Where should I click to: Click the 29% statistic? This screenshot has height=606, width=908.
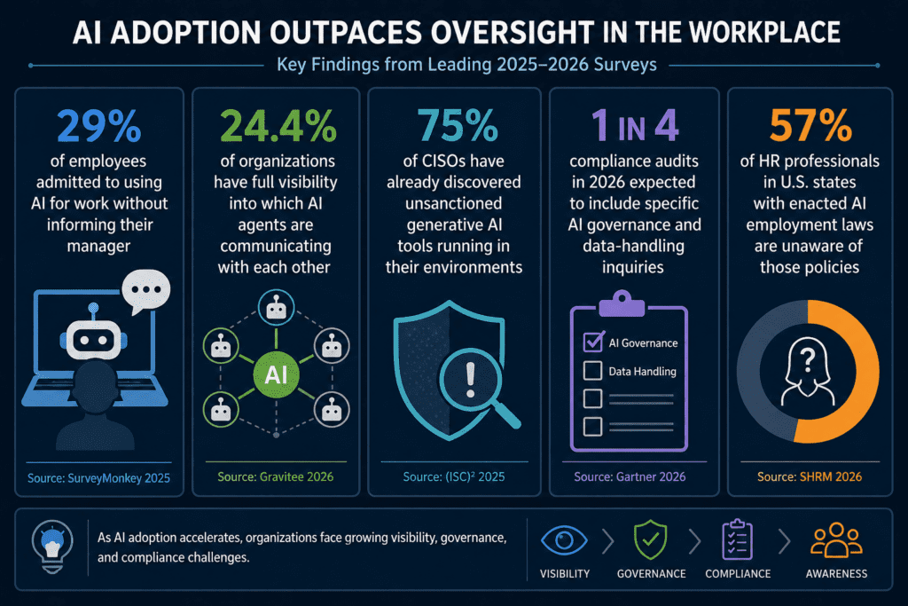[x=99, y=126]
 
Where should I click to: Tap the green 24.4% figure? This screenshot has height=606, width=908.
[x=278, y=126]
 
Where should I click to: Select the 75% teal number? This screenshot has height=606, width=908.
[x=458, y=126]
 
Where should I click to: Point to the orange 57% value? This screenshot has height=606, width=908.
[x=810, y=126]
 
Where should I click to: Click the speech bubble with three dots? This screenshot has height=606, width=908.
[x=146, y=291]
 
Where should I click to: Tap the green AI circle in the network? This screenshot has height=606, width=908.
[x=277, y=375]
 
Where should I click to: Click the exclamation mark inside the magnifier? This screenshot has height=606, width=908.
[x=470, y=380]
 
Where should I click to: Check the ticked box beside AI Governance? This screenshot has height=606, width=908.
[x=593, y=342]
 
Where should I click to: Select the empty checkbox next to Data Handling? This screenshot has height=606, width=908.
[x=592, y=371]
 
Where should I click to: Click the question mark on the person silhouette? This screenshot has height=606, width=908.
[x=808, y=359]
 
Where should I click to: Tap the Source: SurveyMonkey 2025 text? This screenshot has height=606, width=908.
[x=99, y=478]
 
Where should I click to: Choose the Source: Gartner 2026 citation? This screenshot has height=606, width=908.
[x=630, y=476]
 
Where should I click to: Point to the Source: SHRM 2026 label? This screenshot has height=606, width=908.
[x=810, y=476]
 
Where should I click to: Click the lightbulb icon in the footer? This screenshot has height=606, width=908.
[x=52, y=546]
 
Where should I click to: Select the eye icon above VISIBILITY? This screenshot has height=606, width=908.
[x=564, y=540]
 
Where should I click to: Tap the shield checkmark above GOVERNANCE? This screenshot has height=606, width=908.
[x=651, y=539]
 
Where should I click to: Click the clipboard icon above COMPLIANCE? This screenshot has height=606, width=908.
[x=737, y=539]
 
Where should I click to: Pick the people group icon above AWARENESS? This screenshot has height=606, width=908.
[x=836, y=540]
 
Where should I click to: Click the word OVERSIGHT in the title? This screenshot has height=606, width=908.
[x=513, y=33]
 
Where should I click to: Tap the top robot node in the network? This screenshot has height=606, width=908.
[x=277, y=308]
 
